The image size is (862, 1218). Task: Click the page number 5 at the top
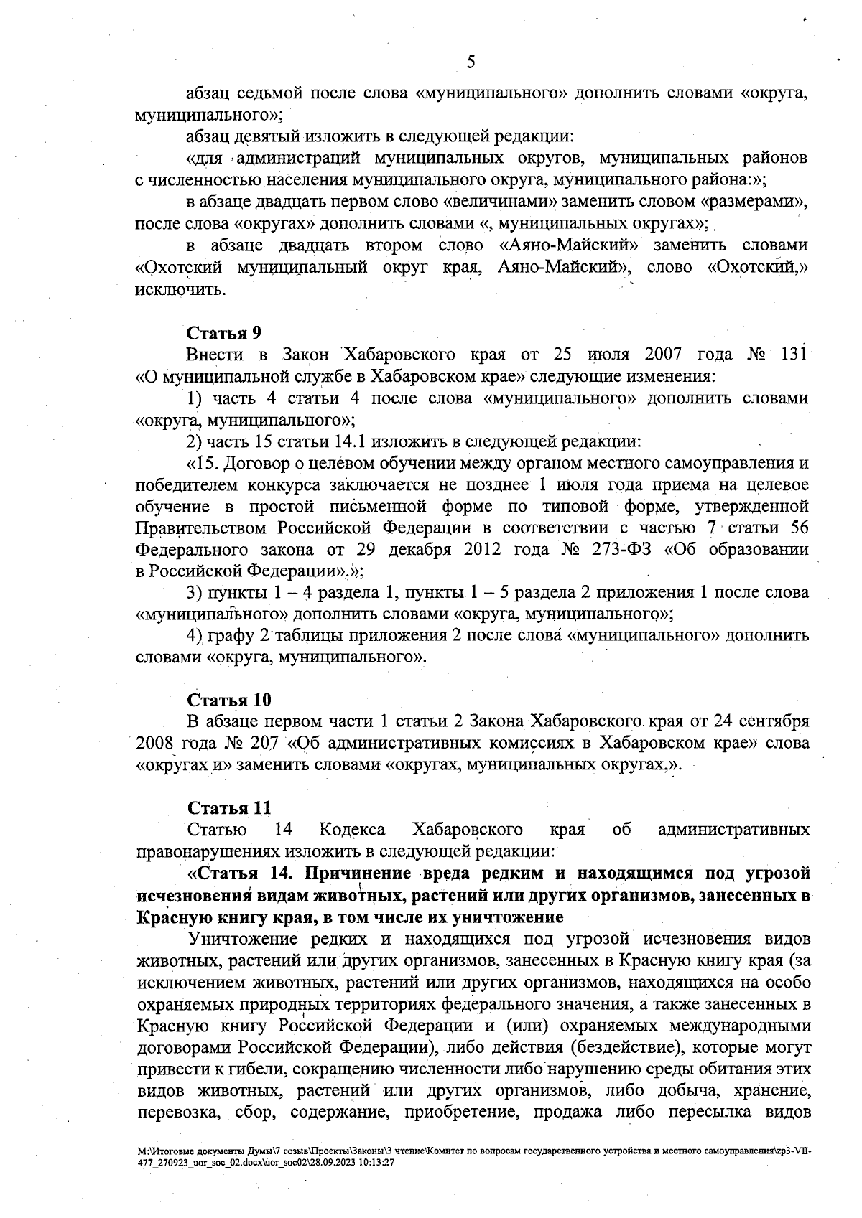pyautogui.click(x=471, y=62)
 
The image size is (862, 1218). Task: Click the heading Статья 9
pyautogui.click(x=223, y=333)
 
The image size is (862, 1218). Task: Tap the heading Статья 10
pyautogui.click(x=228, y=699)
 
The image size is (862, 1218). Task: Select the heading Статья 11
pyautogui.click(x=228, y=807)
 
